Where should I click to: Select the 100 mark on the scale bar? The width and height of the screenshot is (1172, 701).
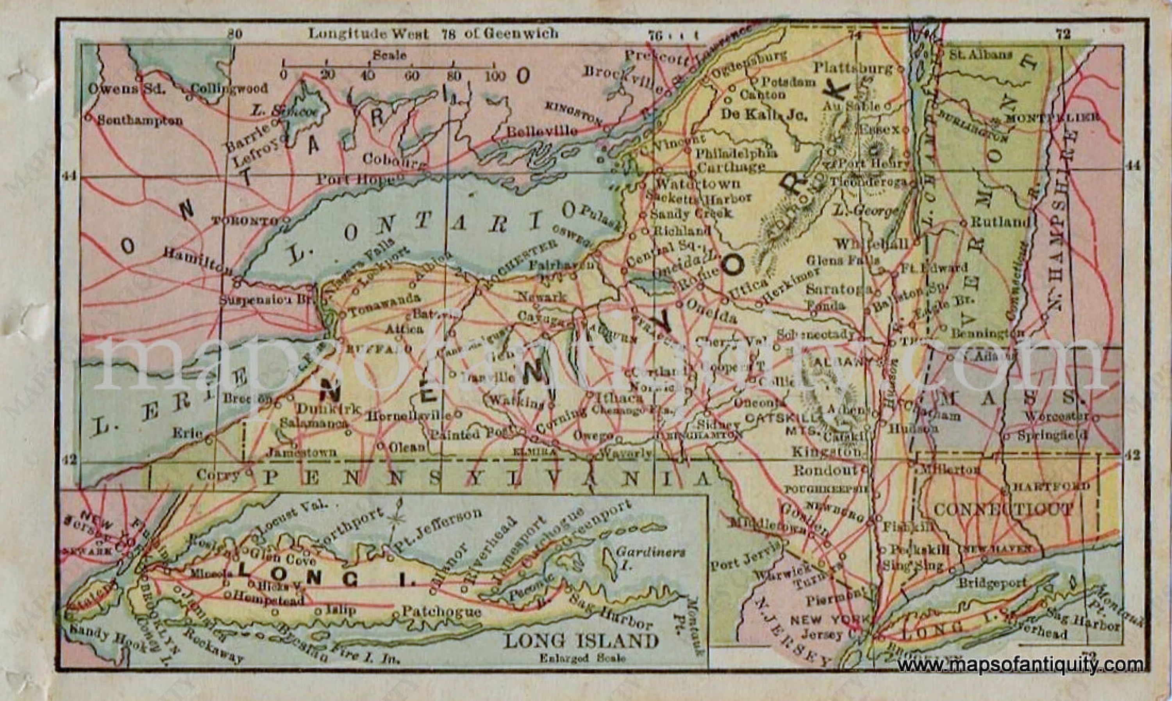[495, 76]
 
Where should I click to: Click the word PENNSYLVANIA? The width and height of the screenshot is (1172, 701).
[486, 479]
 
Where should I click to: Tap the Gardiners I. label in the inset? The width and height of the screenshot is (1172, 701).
[650, 558]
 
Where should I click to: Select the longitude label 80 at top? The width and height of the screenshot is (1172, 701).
[234, 34]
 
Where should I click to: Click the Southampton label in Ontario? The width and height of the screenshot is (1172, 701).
[139, 121]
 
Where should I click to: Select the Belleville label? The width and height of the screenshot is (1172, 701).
[541, 131]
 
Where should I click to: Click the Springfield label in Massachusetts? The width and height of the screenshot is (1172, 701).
[1052, 435]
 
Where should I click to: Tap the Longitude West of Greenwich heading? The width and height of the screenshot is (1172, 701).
[432, 34]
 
